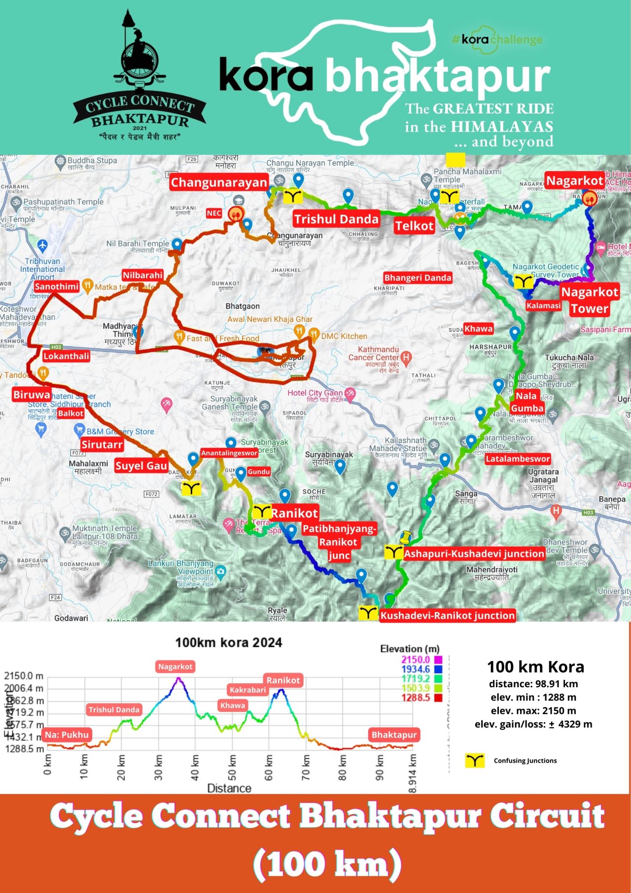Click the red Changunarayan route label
[218, 183]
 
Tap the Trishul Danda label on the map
[336, 219]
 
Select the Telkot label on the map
[414, 226]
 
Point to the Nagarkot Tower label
[590, 300]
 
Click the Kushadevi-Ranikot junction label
[447, 615]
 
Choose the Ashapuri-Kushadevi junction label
[474, 554]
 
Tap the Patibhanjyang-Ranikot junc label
[339, 542]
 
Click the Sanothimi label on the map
[57, 287]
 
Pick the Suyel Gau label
[141, 466]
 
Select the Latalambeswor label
[518, 459]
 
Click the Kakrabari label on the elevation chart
[247, 690]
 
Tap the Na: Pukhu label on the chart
[67, 735]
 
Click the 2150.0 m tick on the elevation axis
[24, 676]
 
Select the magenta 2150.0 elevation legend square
[438, 660]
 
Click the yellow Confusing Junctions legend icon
[474, 760]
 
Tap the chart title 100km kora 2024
[229, 642]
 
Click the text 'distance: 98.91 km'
[533, 684]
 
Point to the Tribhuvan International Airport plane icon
[42, 245]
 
